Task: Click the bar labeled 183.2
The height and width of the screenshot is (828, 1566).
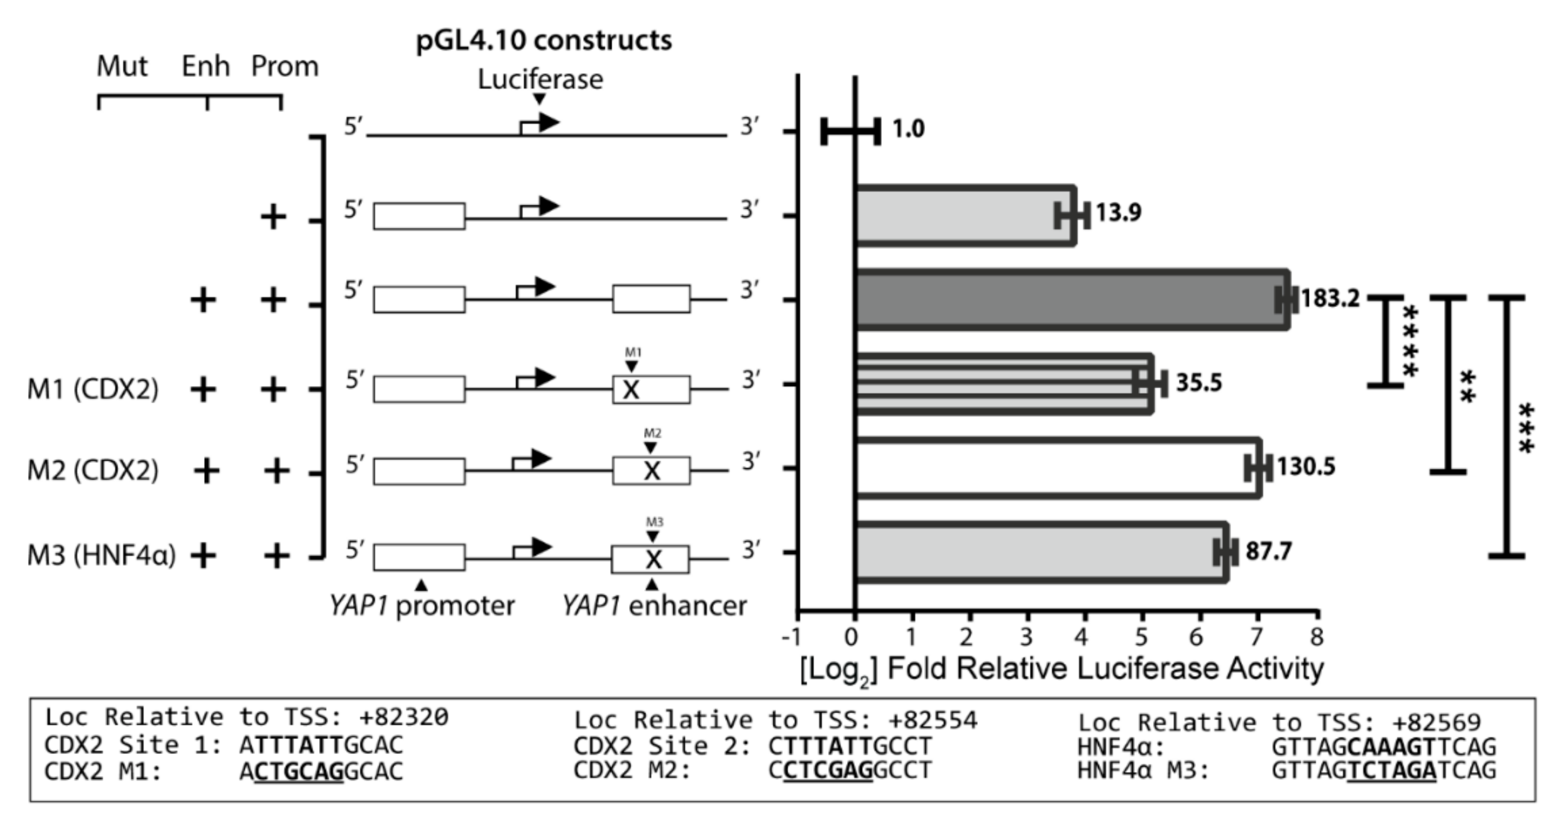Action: tap(1070, 300)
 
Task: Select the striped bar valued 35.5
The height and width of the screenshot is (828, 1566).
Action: tap(1003, 384)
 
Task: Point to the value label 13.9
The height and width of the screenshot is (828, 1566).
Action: tap(1118, 213)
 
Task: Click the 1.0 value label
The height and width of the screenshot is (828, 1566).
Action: tap(908, 129)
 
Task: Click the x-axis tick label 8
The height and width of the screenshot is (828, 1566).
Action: tap(1317, 637)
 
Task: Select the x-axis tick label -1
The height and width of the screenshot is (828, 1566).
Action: tap(792, 637)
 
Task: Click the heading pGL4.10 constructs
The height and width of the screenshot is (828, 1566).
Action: tap(544, 41)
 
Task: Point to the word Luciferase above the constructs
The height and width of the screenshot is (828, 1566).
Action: tap(540, 80)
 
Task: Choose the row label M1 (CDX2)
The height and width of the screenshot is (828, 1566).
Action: tap(92, 389)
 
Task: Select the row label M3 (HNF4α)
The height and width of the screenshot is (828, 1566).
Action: tap(101, 555)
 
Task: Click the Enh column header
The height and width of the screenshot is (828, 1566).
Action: tap(206, 66)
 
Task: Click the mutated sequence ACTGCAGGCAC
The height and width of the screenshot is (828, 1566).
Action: tap(322, 771)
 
